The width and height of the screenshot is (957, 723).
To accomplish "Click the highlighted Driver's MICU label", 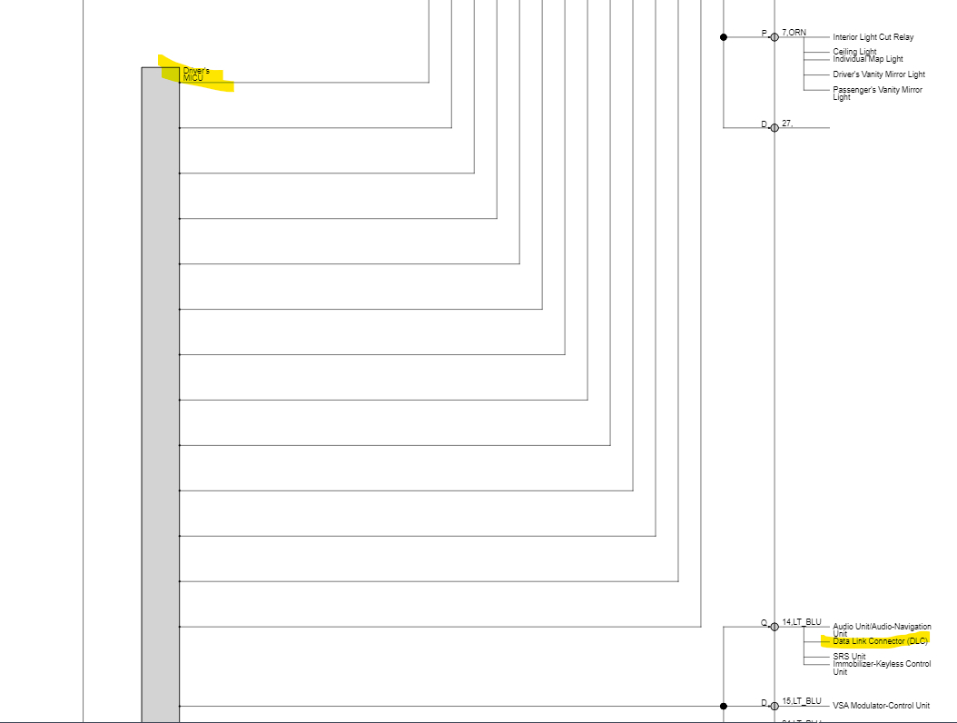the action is [x=195, y=74].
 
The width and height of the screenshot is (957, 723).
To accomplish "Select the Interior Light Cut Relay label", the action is [x=873, y=37].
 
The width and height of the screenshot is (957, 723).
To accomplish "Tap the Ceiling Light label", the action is [x=854, y=52].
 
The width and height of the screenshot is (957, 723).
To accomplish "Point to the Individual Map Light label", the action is [x=867, y=59].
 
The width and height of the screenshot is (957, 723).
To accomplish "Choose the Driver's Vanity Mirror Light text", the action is [x=878, y=74].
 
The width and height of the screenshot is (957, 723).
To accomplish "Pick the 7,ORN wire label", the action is [x=794, y=33].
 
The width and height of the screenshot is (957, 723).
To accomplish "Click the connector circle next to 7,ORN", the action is [x=774, y=37].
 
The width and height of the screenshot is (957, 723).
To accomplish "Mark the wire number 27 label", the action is [x=787, y=123].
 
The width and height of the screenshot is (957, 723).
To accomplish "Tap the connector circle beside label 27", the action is [x=774, y=128].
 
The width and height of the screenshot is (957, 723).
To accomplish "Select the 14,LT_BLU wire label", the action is [x=801, y=622].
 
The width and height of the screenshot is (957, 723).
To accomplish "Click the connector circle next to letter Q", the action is [x=774, y=627].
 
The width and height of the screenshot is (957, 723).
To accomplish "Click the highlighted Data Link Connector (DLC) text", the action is [x=880, y=641].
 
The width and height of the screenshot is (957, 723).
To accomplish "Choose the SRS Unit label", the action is [x=849, y=657].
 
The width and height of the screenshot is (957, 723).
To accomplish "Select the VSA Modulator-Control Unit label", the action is [x=881, y=706].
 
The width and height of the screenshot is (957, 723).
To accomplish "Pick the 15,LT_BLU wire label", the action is [x=801, y=701].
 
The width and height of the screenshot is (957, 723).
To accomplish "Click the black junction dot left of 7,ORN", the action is [x=724, y=37].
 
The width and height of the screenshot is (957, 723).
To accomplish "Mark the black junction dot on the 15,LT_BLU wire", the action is [x=724, y=706].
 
